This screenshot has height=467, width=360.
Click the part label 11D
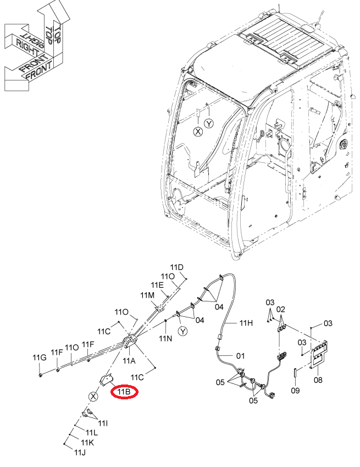[x=176, y=267]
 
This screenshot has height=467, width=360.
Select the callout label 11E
[x=157, y=285]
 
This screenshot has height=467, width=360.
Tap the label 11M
[x=147, y=295]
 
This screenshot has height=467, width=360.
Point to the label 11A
[x=129, y=361]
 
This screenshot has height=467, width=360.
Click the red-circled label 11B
[x=124, y=392]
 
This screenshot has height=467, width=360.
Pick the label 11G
[x=40, y=358]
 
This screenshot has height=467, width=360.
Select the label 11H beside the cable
[x=246, y=322]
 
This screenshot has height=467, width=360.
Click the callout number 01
[x=240, y=355]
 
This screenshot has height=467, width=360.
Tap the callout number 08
[x=318, y=380]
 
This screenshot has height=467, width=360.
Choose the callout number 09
[x=295, y=390]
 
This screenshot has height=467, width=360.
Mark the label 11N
[x=165, y=338]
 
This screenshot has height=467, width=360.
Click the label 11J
[x=80, y=452]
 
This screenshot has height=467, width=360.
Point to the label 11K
[x=87, y=443]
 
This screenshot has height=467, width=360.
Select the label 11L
[x=92, y=432]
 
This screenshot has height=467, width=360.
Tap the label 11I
[x=103, y=423]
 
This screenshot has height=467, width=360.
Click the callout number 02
[x=280, y=310]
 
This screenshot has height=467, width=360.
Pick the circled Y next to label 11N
[x=183, y=331]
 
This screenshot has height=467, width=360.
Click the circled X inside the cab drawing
[x=198, y=131]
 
